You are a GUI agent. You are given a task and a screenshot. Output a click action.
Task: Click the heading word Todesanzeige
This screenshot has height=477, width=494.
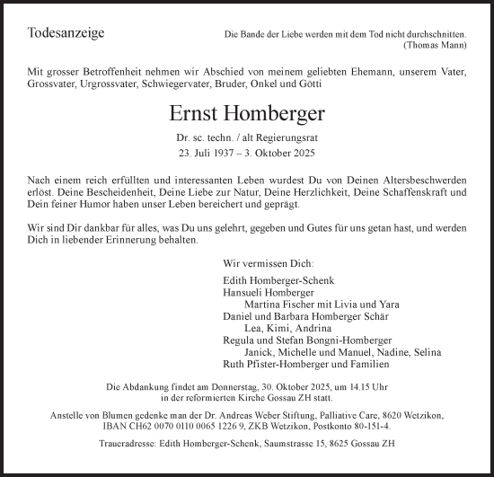point(67,33)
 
